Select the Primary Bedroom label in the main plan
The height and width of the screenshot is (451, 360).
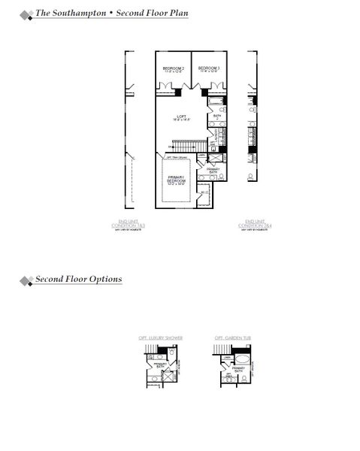click(177, 180)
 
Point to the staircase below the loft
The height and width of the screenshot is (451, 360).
click(188, 144)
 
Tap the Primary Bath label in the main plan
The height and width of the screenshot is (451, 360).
click(213, 171)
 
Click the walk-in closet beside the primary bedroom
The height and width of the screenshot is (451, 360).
click(204, 194)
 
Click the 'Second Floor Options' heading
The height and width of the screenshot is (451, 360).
click(78, 280)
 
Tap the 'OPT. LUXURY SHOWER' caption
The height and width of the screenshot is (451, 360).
click(160, 339)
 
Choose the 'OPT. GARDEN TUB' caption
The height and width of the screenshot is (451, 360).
click(233, 339)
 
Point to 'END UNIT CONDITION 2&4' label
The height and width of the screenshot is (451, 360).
click(253, 224)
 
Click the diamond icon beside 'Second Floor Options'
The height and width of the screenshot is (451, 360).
click(26, 281)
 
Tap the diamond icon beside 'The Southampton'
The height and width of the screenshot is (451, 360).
click(26, 14)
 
